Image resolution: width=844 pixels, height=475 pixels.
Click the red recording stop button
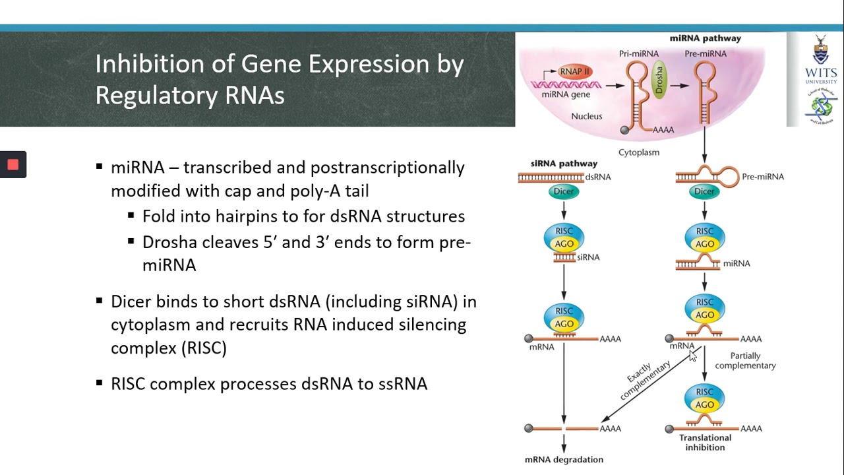click(13, 165)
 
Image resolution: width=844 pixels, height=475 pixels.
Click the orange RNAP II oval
click(575, 71)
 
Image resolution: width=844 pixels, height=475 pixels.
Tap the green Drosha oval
click(658, 81)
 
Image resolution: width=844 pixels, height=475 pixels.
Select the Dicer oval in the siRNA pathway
click(564, 191)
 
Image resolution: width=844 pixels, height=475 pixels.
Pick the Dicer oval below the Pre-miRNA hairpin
click(704, 191)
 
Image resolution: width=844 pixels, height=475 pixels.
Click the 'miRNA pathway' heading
click(705, 38)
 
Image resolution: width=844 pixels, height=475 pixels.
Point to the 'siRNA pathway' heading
click(564, 163)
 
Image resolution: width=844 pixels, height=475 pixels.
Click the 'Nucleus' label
click(586, 116)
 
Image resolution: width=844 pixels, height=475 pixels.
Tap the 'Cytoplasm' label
click(638, 152)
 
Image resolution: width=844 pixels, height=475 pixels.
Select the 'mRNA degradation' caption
click(564, 459)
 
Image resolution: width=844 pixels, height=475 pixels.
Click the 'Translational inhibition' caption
click(705, 442)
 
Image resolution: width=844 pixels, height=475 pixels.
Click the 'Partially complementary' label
click(745, 360)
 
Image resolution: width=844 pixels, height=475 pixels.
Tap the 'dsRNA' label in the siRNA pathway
click(598, 177)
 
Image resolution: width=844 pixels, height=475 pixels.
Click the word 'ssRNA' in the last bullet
click(402, 383)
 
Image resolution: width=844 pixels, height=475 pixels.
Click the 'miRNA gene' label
click(565, 94)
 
